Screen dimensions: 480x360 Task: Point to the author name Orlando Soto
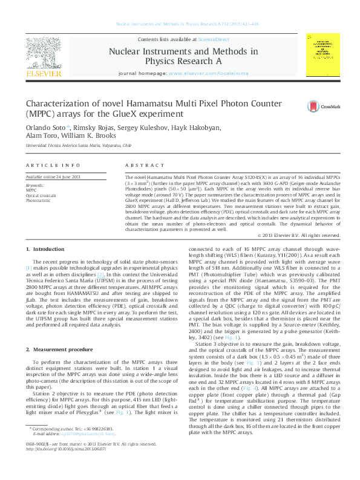(x=39, y=128)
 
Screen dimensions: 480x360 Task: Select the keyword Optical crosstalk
(x=41, y=194)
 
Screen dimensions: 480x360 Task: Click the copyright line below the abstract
(x=290, y=235)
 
